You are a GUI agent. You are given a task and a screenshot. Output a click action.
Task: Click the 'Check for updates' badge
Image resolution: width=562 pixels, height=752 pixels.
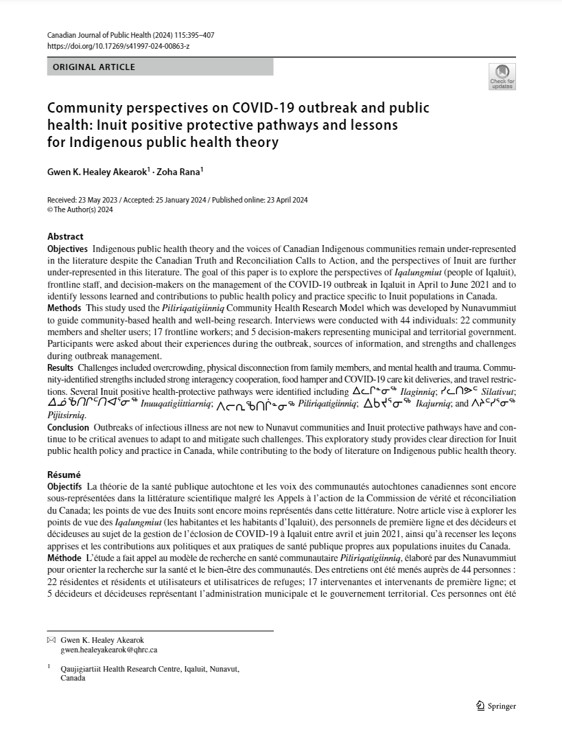[502, 76]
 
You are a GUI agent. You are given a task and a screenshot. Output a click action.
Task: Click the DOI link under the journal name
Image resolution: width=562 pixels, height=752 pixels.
[118, 46]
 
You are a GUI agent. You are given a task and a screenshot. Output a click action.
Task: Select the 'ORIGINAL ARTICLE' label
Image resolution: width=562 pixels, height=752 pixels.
[94, 67]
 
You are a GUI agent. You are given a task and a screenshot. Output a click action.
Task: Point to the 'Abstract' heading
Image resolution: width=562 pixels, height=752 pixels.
[65, 236]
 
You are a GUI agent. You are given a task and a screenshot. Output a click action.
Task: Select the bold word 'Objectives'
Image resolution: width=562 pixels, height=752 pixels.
[67, 247]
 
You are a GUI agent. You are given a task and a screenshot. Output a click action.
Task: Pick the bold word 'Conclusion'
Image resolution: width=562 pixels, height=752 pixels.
[68, 428]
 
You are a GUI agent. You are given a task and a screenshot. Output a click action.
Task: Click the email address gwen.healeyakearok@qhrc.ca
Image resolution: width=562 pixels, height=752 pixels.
[109, 650]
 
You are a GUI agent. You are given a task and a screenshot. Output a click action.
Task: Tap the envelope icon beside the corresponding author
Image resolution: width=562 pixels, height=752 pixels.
[51, 639]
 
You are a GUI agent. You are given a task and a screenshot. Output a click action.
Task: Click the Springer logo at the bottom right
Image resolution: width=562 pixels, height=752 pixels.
[495, 706]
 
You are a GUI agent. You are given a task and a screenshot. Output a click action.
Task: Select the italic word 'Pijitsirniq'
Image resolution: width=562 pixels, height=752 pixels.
[67, 415]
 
